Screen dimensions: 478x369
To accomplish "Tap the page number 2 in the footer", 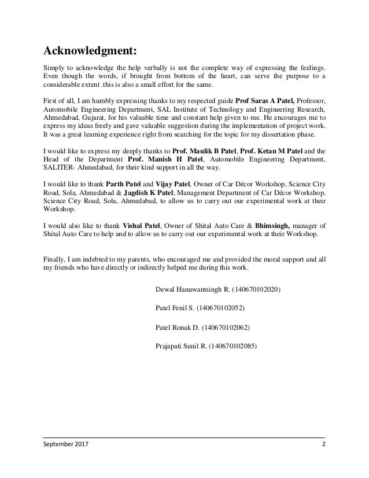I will [323, 444].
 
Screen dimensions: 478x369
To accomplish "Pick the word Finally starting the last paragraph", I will [57, 260].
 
